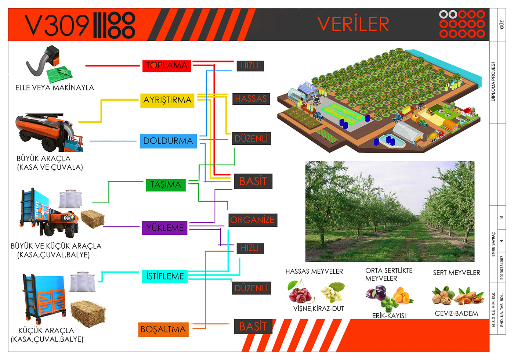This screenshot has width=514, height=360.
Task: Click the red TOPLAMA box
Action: coord(167,66)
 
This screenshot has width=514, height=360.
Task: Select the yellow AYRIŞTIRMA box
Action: coord(167,100)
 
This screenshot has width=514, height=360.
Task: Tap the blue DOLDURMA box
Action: coord(169,141)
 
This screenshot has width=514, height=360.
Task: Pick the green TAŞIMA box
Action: coord(166,185)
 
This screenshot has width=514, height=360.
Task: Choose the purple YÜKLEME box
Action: coord(164,228)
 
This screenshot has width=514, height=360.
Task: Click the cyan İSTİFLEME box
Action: coord(164,276)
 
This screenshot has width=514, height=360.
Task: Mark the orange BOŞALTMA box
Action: coord(163,330)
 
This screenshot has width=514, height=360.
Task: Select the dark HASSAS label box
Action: coord(251,99)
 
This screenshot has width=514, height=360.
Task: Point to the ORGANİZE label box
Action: coord(253,220)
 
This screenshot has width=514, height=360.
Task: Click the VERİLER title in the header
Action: coord(353,24)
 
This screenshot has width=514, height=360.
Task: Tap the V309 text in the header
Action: coord(57,25)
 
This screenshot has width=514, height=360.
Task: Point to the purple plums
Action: coord(376,293)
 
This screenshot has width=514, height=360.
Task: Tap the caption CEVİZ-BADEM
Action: coord(456,314)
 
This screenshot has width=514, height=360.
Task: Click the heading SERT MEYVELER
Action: coord(456,273)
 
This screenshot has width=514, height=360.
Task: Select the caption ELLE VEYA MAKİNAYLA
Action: coord(55,88)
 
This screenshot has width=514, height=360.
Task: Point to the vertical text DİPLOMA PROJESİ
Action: coord(493,82)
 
